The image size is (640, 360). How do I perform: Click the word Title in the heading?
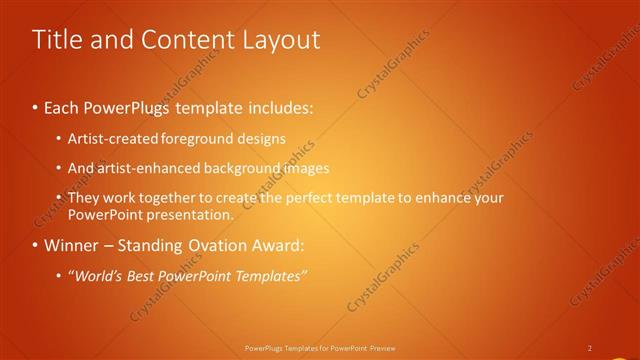click(x=54, y=39)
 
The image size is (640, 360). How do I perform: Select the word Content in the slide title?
click(x=178, y=39)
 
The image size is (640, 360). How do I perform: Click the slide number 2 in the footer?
click(x=589, y=348)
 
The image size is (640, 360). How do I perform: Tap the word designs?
click(x=262, y=137)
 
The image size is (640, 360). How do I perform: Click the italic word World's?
click(x=99, y=276)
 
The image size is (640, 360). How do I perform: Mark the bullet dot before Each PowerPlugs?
click(x=36, y=106)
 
